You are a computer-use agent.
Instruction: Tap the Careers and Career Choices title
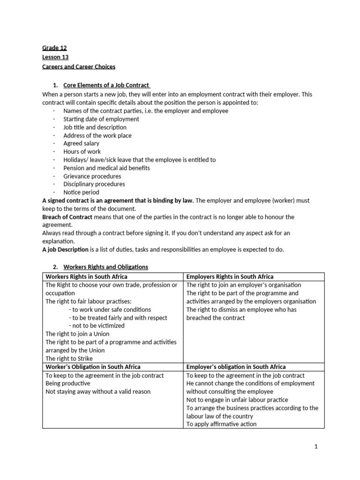(79, 67)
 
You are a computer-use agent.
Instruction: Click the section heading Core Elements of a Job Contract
(106, 85)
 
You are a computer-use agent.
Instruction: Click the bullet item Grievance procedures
(92, 176)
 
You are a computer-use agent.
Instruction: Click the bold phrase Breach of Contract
(67, 217)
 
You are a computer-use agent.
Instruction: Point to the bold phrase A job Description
(65, 249)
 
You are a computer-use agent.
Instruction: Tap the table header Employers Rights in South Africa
(230, 277)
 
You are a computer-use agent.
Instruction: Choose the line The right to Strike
(69, 359)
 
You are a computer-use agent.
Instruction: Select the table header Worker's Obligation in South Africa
(93, 367)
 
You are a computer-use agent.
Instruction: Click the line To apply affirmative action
(221, 424)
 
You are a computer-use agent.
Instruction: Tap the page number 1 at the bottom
(316, 447)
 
